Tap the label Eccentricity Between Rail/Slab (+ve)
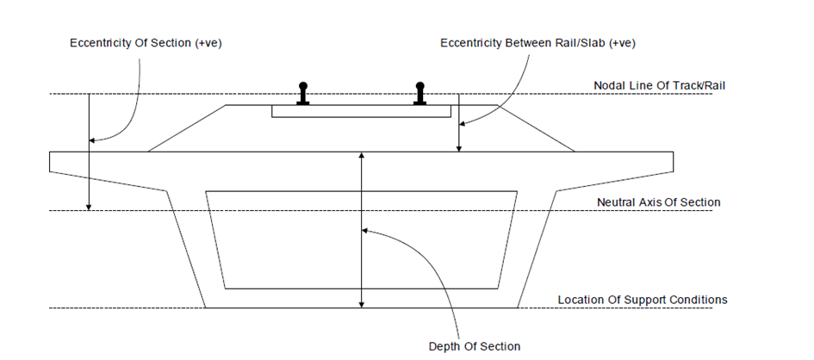coord(537,42)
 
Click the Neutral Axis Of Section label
coord(658,202)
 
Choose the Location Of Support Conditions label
coord(643,300)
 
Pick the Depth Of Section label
coord(475,346)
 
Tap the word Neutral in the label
coord(615,202)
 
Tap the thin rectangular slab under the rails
coord(362,111)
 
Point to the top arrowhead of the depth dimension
coord(363,155)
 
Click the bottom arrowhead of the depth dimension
coord(363,304)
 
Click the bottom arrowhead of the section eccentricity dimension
coord(88,207)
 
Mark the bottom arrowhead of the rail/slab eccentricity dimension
coord(459,149)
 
